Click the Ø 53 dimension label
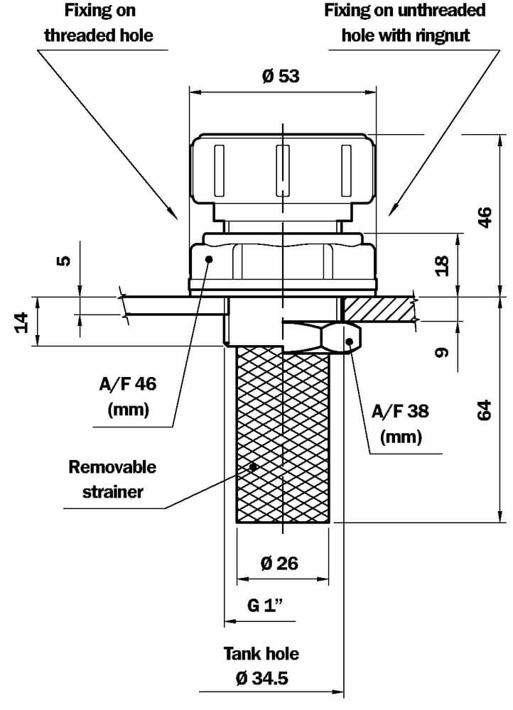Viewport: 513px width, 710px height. point(281,77)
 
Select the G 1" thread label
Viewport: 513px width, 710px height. point(265,606)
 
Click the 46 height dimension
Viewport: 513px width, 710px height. point(485,217)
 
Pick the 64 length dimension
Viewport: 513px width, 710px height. point(485,410)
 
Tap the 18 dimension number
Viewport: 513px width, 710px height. point(442,266)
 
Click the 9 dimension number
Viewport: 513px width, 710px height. point(442,352)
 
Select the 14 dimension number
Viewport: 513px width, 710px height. point(21,322)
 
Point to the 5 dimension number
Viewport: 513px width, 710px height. point(64,261)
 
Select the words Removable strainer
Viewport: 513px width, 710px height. point(112,479)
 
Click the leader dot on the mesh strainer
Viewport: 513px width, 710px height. point(253,466)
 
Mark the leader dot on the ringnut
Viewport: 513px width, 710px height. point(350,342)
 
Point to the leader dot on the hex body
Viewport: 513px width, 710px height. point(209,259)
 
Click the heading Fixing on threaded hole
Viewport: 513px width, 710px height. point(99,23)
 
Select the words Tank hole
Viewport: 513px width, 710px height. point(261,653)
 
